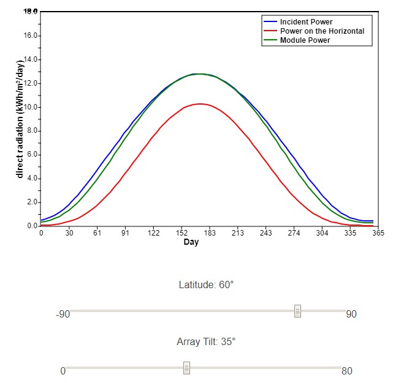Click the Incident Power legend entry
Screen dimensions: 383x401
click(x=306, y=22)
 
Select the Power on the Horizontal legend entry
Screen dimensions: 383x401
click(x=322, y=31)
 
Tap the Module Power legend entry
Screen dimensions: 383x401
click(x=305, y=40)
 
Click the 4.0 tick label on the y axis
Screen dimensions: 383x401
click(x=31, y=179)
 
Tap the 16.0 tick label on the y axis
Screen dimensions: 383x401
click(x=31, y=35)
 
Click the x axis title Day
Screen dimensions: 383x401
click(x=191, y=242)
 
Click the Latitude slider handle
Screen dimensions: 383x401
click(x=297, y=311)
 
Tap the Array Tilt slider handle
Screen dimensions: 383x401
click(x=187, y=368)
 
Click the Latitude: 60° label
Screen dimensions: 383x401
click(x=206, y=285)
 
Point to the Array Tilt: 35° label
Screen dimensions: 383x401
click(x=206, y=341)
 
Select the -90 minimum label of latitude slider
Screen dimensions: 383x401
click(x=63, y=314)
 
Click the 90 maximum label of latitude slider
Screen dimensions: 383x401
click(x=351, y=314)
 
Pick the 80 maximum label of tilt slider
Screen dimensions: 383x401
click(x=346, y=371)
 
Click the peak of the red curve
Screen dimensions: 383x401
click(x=200, y=104)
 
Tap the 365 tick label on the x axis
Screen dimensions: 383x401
click(x=378, y=232)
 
